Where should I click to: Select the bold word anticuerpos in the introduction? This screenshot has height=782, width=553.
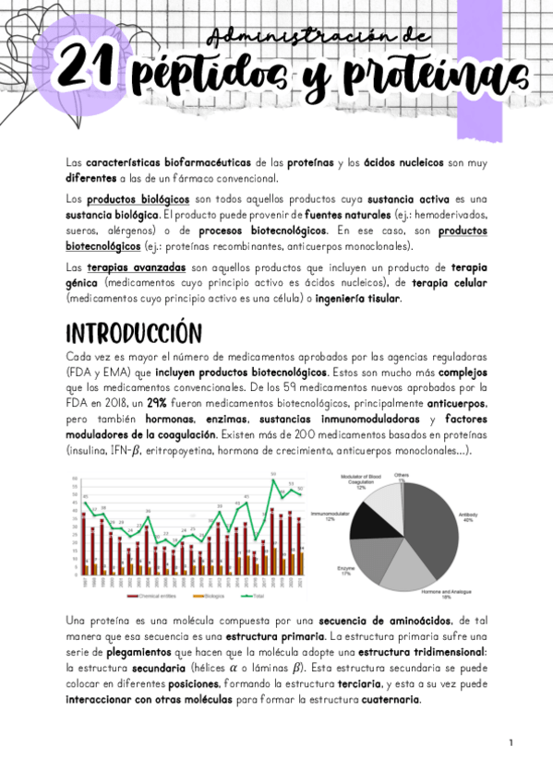tap(462, 404)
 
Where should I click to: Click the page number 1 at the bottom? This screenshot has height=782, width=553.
tap(511, 742)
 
